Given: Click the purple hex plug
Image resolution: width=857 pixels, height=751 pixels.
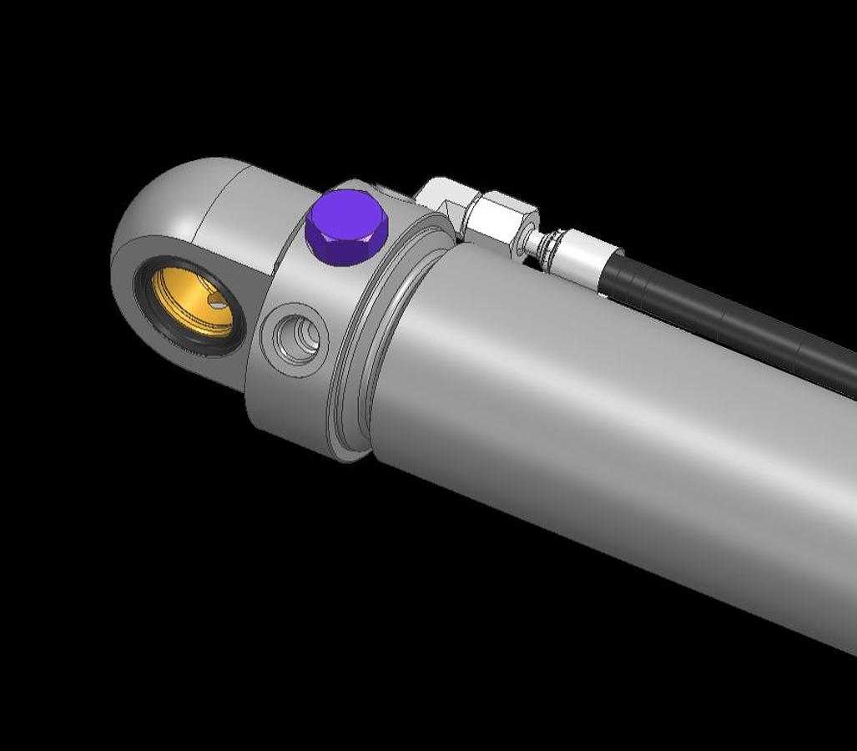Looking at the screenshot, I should pos(345,227).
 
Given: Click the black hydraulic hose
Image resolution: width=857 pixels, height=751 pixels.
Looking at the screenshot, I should pos(734,317).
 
